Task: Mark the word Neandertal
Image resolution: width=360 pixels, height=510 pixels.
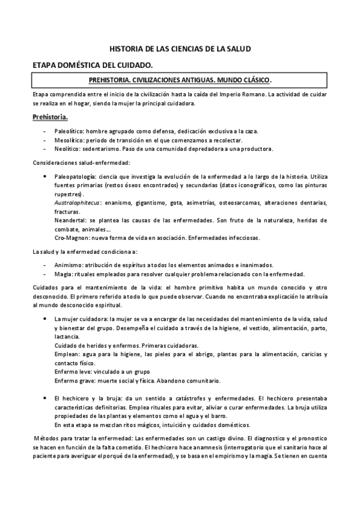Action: [70, 220]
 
